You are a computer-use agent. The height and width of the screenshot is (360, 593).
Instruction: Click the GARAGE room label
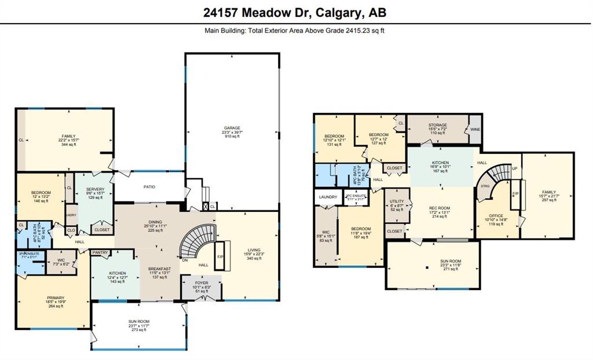pyautogui.click(x=232, y=128)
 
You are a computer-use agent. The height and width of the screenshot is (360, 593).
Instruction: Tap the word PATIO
pyautogui.click(x=150, y=187)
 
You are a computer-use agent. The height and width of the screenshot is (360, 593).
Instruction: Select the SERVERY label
pyautogui.click(x=95, y=189)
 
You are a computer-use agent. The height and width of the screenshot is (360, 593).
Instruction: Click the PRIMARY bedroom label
pyautogui.click(x=56, y=297)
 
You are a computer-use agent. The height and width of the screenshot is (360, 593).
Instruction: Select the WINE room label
pyautogui.click(x=475, y=129)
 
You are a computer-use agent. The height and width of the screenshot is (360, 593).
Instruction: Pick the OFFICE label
pyautogui.click(x=495, y=216)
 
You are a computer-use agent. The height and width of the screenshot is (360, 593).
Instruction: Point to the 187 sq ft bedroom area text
pyautogui.click(x=361, y=237)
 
